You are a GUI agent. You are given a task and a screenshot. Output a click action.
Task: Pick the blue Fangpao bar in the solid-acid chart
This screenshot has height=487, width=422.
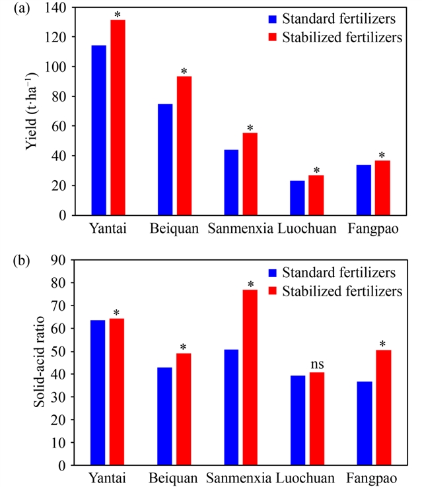click(x=363, y=423)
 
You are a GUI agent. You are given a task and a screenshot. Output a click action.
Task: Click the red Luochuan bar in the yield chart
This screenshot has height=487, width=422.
click(x=316, y=195)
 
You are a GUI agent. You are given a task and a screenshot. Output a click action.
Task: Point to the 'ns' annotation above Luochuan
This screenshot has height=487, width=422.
click(x=316, y=363)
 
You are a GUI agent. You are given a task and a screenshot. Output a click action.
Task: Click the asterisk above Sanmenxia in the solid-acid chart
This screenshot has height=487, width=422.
click(x=250, y=285)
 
